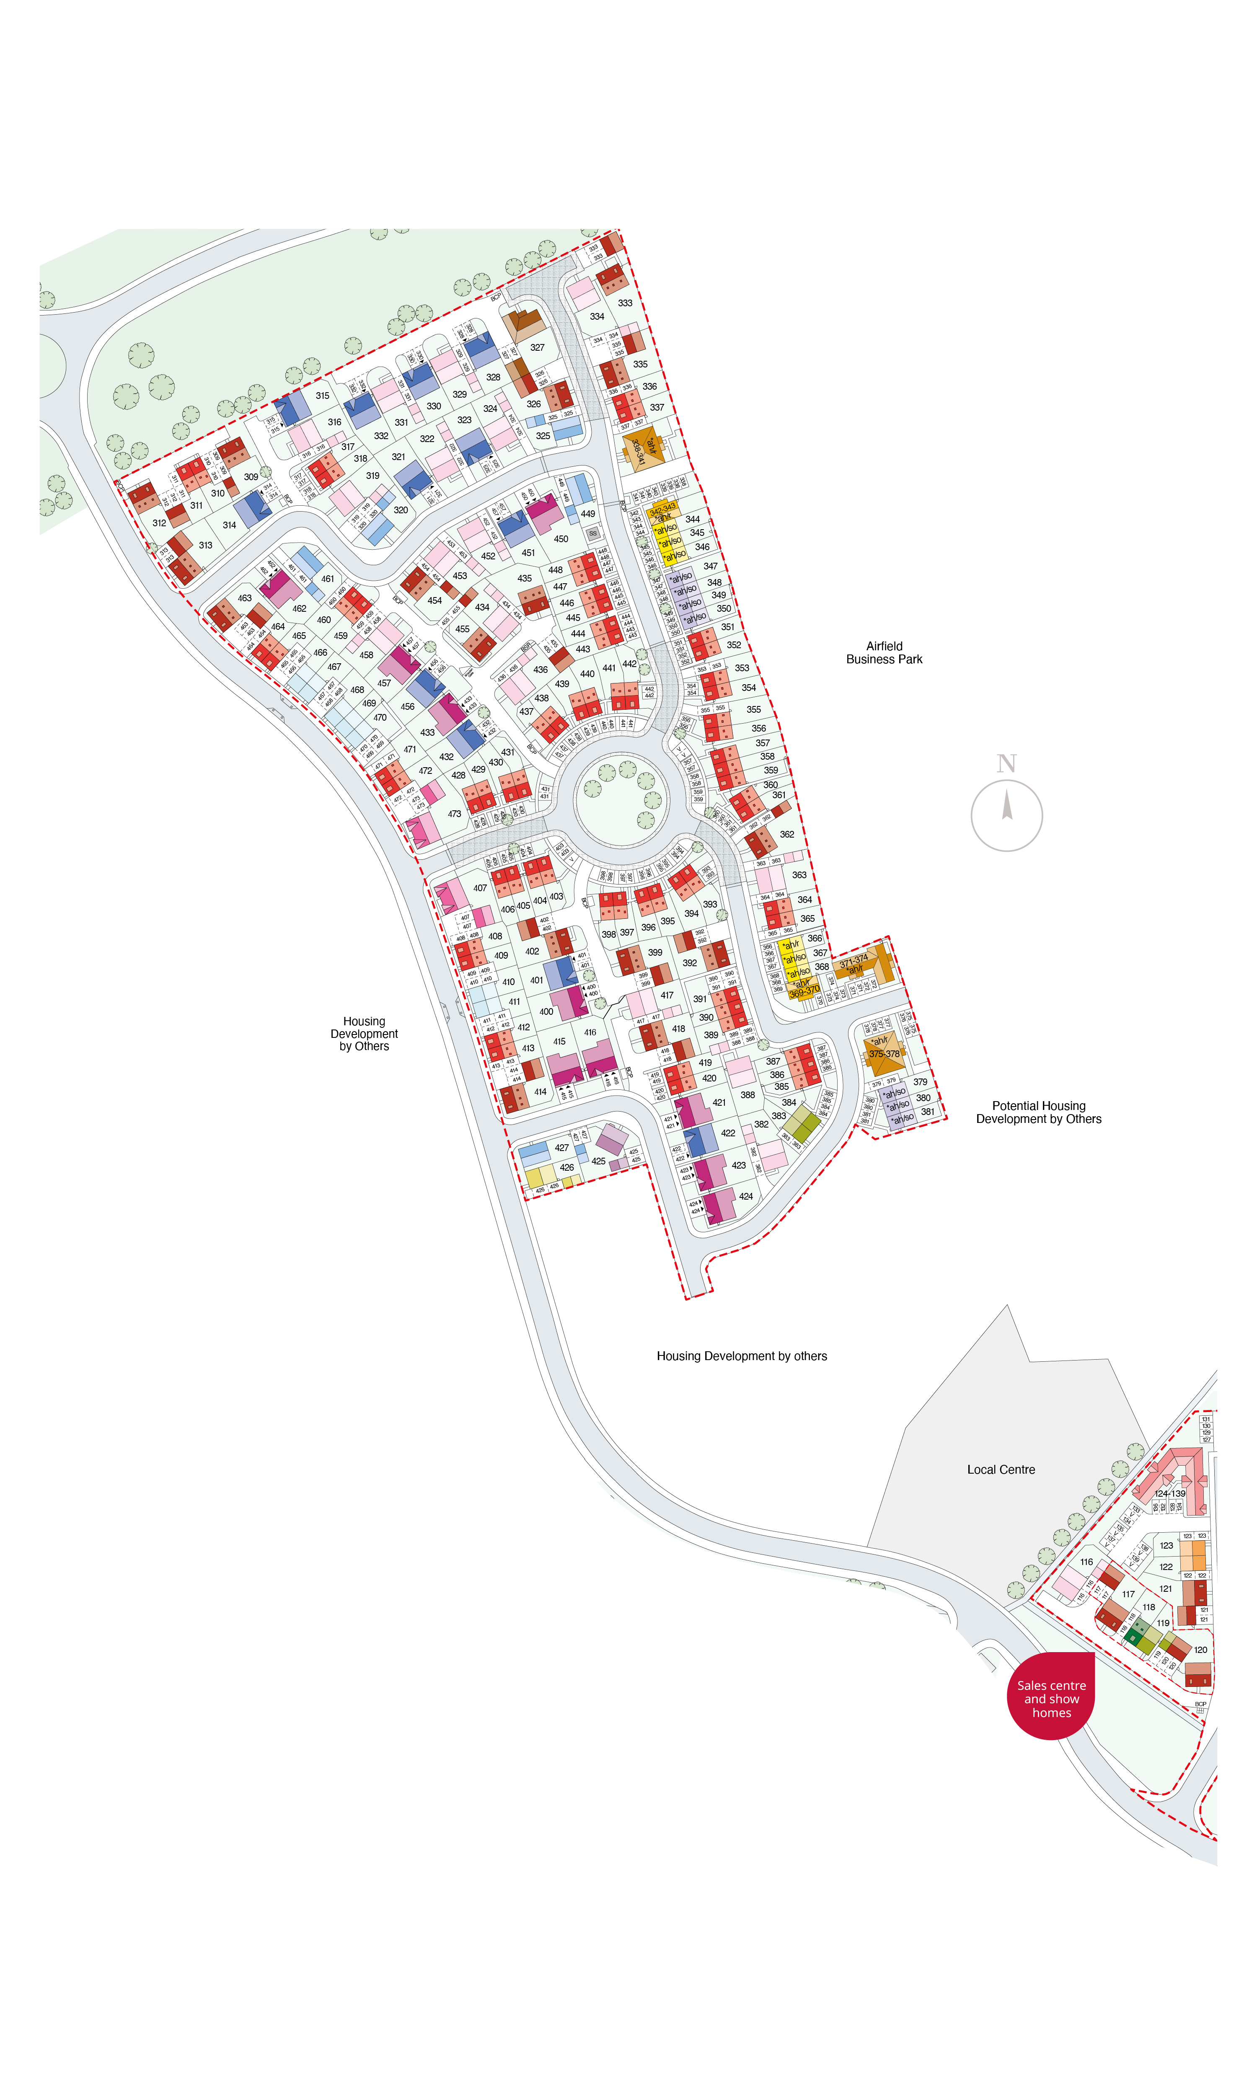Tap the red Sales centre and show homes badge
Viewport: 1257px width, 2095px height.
1051,1699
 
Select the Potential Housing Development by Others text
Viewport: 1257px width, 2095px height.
1038,1112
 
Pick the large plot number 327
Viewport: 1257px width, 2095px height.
537,347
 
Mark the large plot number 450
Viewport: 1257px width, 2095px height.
561,538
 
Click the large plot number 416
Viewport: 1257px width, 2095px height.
590,1032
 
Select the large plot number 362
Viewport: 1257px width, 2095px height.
787,834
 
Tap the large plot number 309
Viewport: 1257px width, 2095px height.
251,477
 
